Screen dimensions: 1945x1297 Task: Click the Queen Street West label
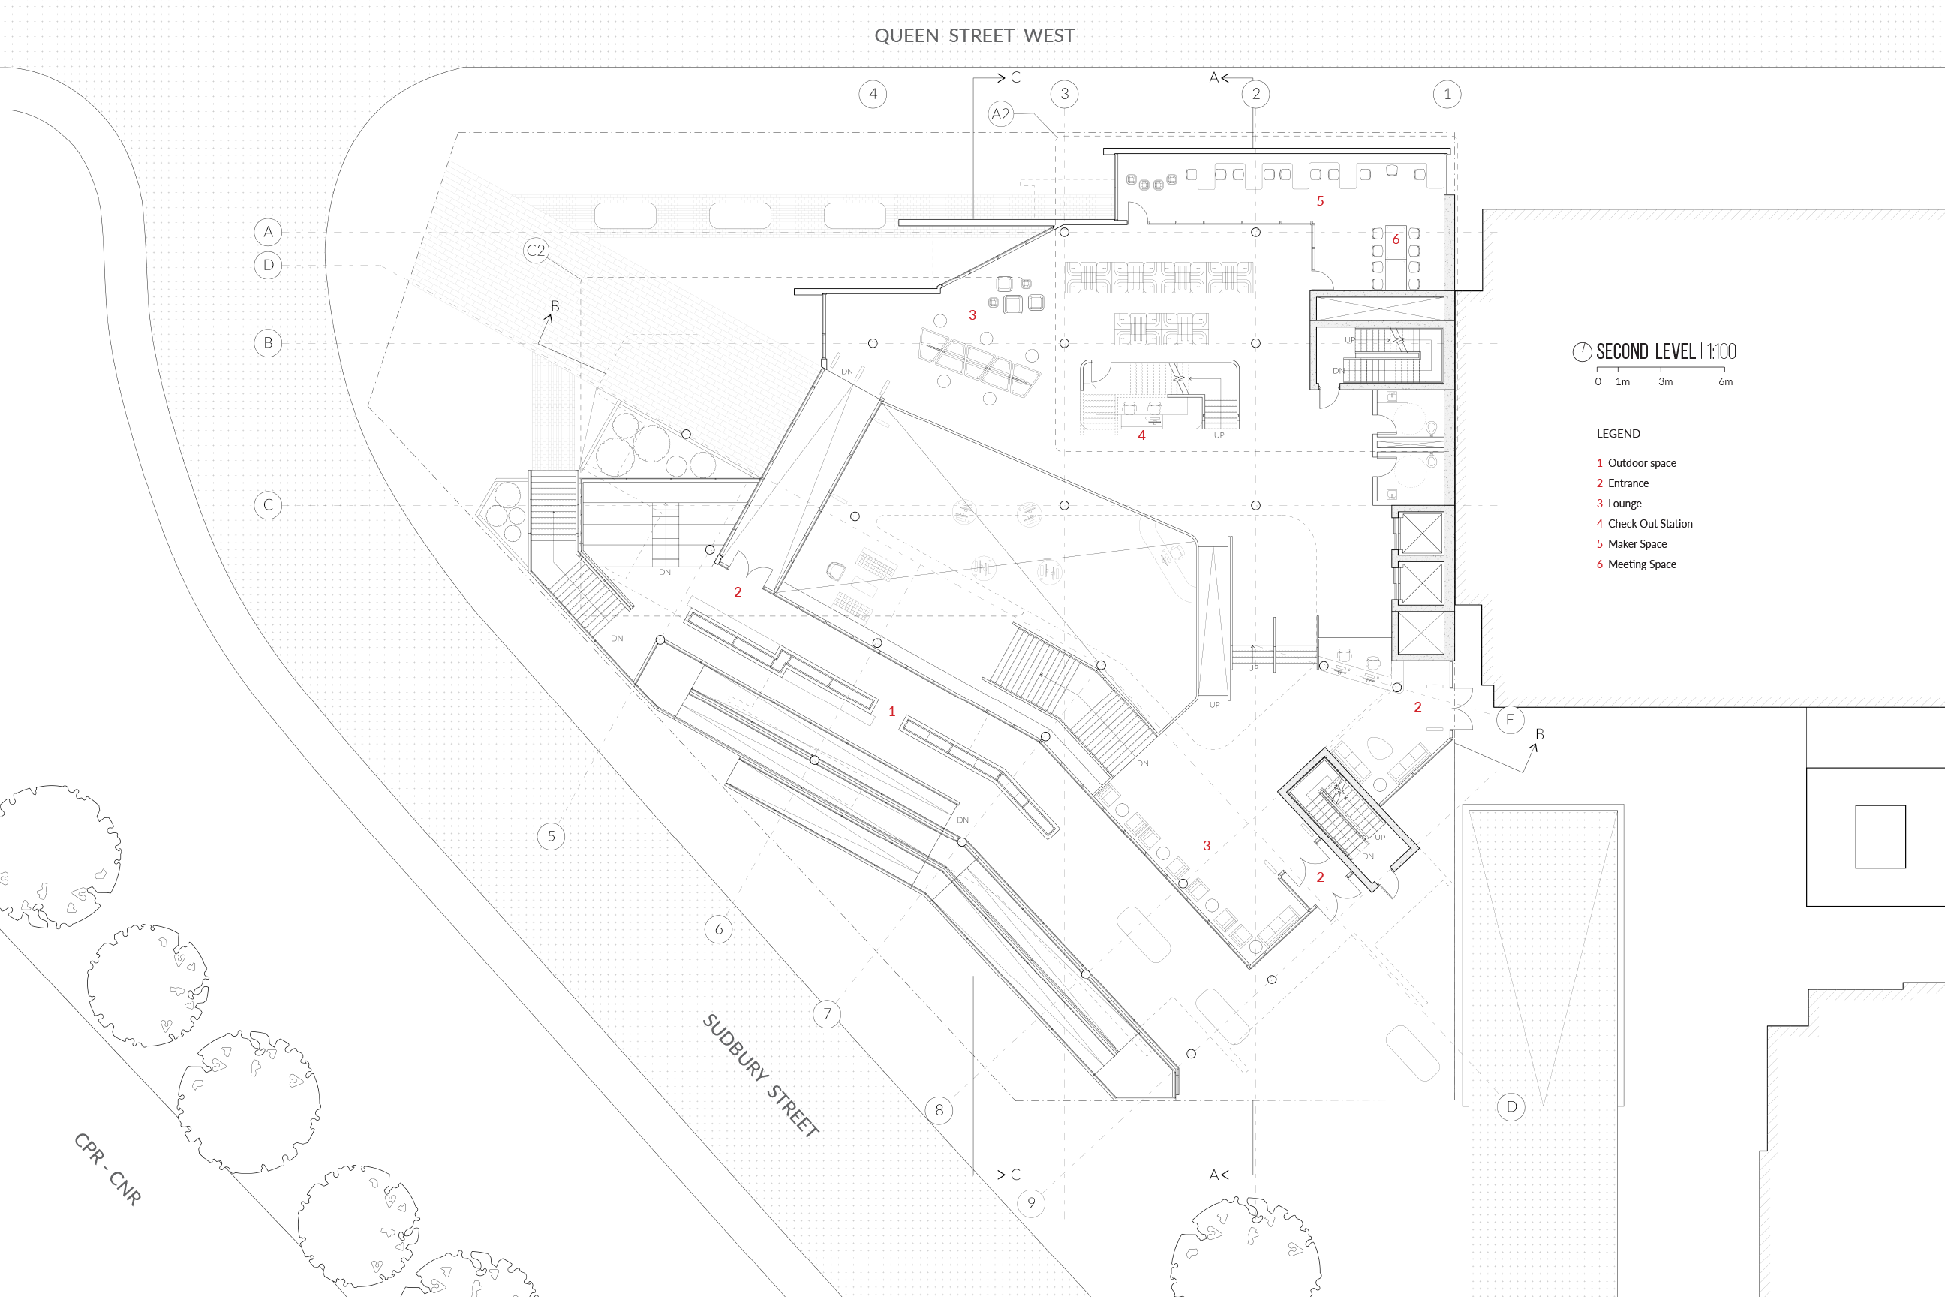point(974,35)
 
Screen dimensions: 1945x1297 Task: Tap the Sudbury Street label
point(761,1076)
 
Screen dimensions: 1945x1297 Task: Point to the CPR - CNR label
point(107,1169)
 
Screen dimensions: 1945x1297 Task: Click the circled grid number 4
point(873,94)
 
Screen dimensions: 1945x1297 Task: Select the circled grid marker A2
point(1000,113)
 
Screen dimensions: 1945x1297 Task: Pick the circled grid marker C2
point(536,251)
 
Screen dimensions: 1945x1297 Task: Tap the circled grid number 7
point(827,1013)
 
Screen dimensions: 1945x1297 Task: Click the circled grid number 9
point(1030,1202)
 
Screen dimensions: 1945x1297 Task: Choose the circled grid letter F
point(1510,720)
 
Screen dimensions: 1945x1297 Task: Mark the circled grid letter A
point(268,232)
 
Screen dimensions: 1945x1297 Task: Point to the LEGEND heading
point(1619,433)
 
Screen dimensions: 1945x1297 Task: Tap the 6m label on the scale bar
point(1725,381)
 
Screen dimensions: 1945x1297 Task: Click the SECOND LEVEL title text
point(1645,351)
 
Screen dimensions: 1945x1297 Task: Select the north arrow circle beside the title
point(1582,351)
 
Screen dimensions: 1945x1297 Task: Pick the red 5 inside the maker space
point(1320,201)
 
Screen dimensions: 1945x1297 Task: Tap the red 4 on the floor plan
point(1141,435)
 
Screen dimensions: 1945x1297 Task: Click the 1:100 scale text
point(1721,351)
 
